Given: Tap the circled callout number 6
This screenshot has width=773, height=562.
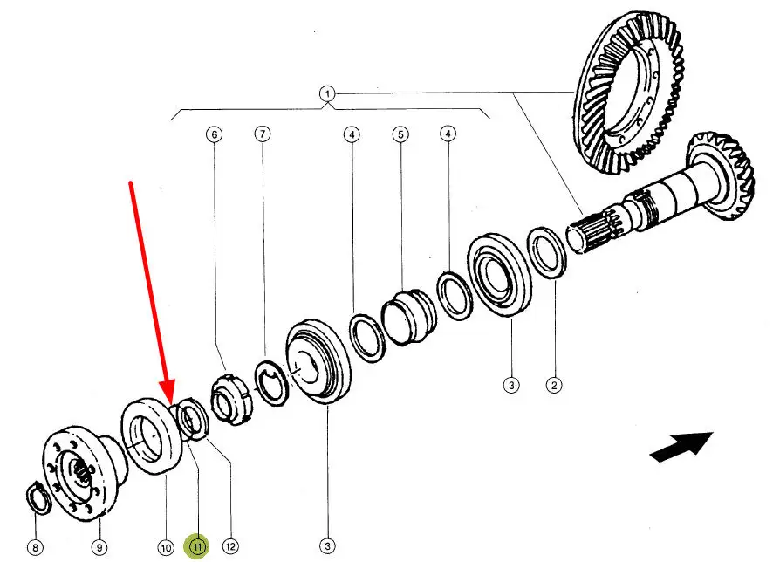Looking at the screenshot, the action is coord(214,134).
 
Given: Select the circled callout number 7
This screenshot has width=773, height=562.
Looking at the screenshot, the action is coord(263,134).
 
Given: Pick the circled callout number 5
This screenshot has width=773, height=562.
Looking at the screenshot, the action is coord(400,134).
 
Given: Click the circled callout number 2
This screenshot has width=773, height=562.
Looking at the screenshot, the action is coord(552,383).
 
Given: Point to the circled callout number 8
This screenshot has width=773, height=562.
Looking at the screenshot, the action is coord(35,548).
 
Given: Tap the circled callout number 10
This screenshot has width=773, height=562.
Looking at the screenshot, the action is coord(165,547).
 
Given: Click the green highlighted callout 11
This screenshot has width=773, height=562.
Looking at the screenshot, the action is coord(197,547).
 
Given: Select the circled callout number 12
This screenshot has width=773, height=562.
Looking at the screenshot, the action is coord(230,547).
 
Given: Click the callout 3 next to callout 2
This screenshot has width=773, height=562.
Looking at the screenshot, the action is coord(511,383).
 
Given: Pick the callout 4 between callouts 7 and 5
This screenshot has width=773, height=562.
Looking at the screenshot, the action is coord(351,134).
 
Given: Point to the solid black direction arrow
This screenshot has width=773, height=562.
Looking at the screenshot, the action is coord(681,446).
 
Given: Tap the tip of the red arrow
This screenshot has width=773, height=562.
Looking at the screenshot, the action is coord(170,402).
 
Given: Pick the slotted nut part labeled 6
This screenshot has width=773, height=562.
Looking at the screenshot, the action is coord(229,400).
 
